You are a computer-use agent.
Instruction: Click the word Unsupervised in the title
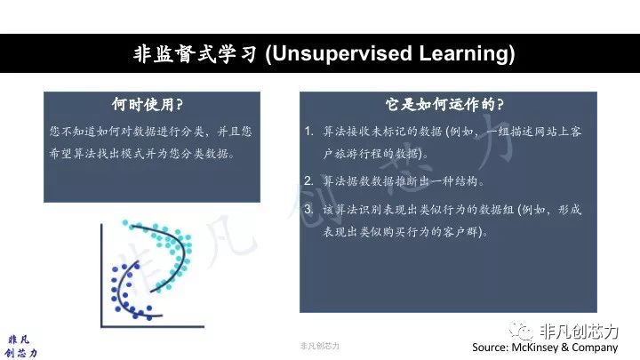click(342, 54)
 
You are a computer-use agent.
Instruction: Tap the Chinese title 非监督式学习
click(195, 54)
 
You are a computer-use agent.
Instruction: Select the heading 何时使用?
click(148, 105)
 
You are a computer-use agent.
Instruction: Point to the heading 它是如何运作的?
click(444, 105)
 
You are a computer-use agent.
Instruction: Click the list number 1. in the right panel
click(308, 131)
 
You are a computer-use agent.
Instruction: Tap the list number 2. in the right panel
click(308, 180)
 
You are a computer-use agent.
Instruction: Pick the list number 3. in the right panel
click(308, 209)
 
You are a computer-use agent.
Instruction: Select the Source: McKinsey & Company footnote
click(545, 348)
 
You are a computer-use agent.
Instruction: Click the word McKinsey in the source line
click(535, 348)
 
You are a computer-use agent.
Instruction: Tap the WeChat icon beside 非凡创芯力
click(520, 330)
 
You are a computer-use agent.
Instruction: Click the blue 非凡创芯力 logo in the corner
click(20, 347)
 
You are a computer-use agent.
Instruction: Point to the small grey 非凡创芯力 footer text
click(320, 346)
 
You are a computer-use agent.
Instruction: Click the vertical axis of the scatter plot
click(101, 275)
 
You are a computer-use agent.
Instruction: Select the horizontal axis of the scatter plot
click(152, 326)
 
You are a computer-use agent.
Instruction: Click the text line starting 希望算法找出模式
click(142, 154)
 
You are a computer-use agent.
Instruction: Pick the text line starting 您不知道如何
click(150, 132)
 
